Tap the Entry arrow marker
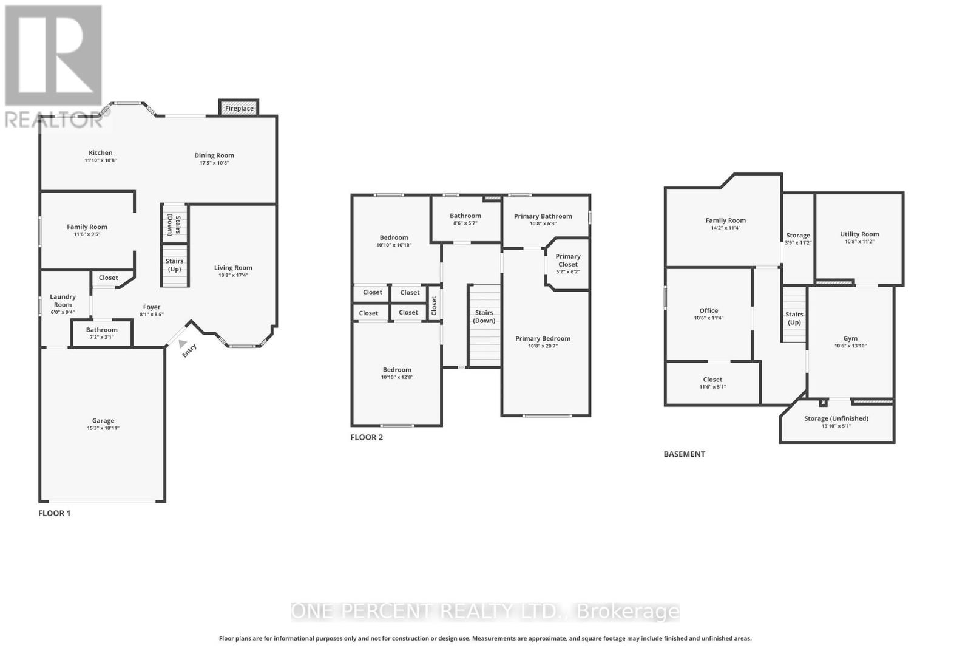[x=183, y=344]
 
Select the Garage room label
[x=103, y=420]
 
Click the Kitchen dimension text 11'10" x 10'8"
[x=100, y=160]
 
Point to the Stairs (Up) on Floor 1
[x=175, y=265]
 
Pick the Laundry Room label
[x=63, y=301]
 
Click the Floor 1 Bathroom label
[x=101, y=330]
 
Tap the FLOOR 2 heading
[x=367, y=437]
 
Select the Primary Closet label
[x=568, y=260]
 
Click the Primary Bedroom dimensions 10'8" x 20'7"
[x=543, y=346]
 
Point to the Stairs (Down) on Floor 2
[x=484, y=316]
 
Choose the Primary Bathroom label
[x=543, y=216]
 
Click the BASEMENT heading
[x=684, y=454]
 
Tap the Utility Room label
[x=859, y=234]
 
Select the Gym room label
[x=850, y=338]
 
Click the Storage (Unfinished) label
[x=836, y=418]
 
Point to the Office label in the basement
[x=708, y=310]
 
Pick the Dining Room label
[x=214, y=155]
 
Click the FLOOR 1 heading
[x=54, y=513]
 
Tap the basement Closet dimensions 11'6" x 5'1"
[x=712, y=387]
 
